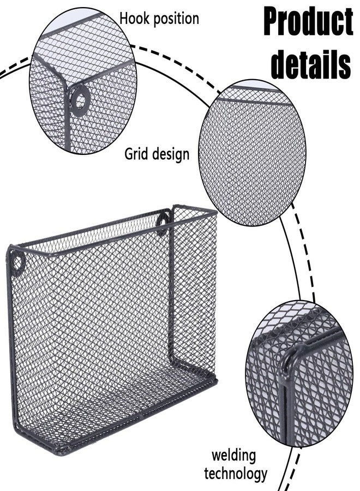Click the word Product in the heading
point(309,22)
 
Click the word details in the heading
point(311,64)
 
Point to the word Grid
point(136,154)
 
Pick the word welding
point(233,456)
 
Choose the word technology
point(236,474)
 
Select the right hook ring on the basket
point(163,223)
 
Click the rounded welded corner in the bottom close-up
point(290,357)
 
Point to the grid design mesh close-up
point(253,153)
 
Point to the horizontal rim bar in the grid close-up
point(253,100)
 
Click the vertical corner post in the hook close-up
point(68,116)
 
